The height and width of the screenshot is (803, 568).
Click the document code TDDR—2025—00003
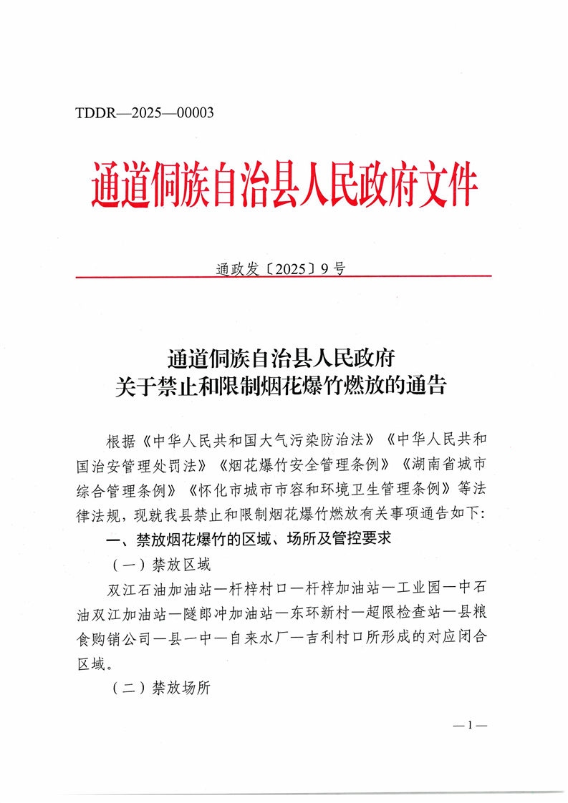[144, 112]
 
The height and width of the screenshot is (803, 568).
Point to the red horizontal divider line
[283, 276]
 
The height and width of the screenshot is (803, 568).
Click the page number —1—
[470, 726]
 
